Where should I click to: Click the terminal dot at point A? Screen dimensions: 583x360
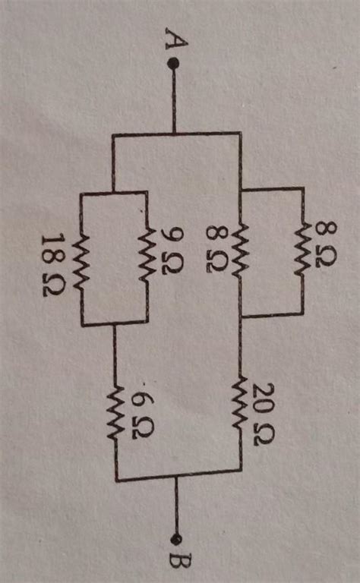pyautogui.click(x=174, y=65)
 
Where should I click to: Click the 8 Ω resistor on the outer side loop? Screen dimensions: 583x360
pyautogui.click(x=303, y=248)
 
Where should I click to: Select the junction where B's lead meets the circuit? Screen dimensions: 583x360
pyautogui.click(x=178, y=478)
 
